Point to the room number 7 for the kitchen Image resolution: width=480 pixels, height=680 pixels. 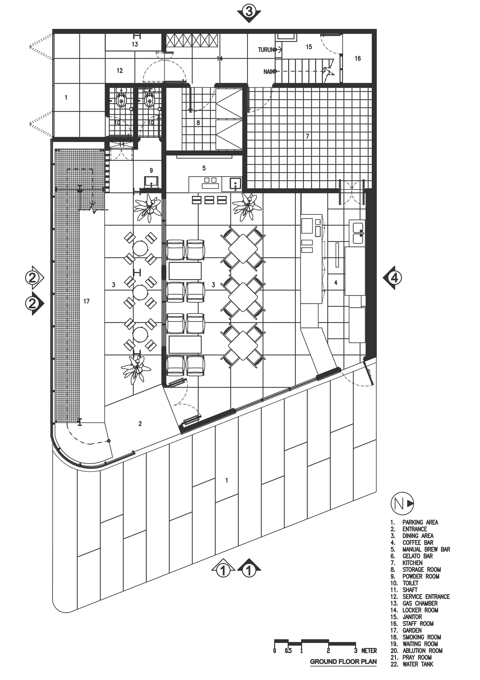pyautogui.click(x=308, y=136)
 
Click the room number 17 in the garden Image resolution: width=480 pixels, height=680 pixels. pyautogui.click(x=86, y=301)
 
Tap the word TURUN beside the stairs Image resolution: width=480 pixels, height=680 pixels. pyautogui.click(x=266, y=50)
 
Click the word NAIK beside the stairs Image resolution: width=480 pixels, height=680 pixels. pyautogui.click(x=269, y=71)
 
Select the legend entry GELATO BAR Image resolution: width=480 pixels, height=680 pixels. pyautogui.click(x=417, y=556)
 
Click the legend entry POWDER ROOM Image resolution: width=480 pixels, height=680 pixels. pyautogui.click(x=420, y=576)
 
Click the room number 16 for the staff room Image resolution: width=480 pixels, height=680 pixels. pyautogui.click(x=358, y=59)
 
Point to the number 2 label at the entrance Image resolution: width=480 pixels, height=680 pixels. pyautogui.click(x=140, y=424)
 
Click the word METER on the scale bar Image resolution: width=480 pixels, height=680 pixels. pyautogui.click(x=369, y=651)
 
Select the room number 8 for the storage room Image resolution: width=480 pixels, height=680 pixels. pyautogui.click(x=198, y=123)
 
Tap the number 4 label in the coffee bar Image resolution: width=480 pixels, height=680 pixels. pyautogui.click(x=336, y=282)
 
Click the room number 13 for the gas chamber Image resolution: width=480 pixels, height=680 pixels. pyautogui.click(x=135, y=44)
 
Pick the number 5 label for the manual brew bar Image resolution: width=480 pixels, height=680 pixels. pyautogui.click(x=204, y=168)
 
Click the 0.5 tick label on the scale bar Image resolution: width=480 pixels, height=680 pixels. pyautogui.click(x=288, y=651)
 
